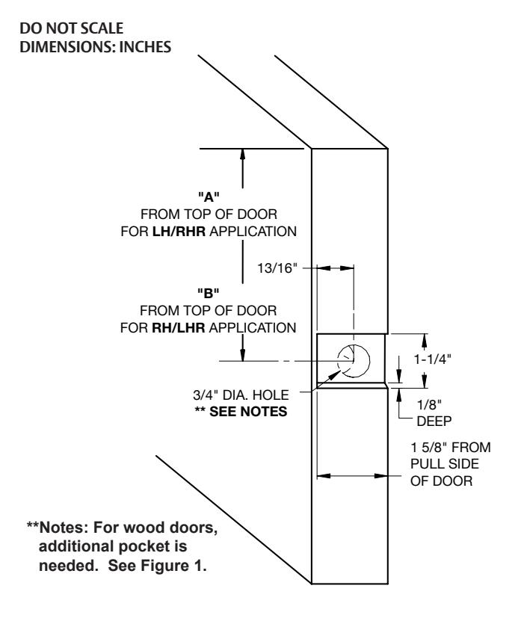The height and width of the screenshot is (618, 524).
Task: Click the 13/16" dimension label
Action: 277,268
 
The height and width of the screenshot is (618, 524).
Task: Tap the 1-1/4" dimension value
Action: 432,359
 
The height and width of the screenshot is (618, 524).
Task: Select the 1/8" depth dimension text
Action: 429,404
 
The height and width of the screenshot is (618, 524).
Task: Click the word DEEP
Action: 434,421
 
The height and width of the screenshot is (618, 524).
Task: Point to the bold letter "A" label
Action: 209,196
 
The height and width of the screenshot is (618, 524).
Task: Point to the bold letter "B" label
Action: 209,293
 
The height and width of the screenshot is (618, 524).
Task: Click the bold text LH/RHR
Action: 179,232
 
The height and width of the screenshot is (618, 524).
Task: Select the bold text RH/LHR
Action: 179,328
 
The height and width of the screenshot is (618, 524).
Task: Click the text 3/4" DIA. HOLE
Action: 241,395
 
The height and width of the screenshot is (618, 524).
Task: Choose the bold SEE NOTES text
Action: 248,412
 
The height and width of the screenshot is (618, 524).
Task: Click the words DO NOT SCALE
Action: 71,28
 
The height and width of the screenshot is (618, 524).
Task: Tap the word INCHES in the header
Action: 145,47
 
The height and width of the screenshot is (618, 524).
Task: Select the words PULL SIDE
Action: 445,464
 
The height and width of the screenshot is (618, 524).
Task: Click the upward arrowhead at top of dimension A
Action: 242,154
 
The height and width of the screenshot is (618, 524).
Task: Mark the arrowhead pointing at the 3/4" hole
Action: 335,375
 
